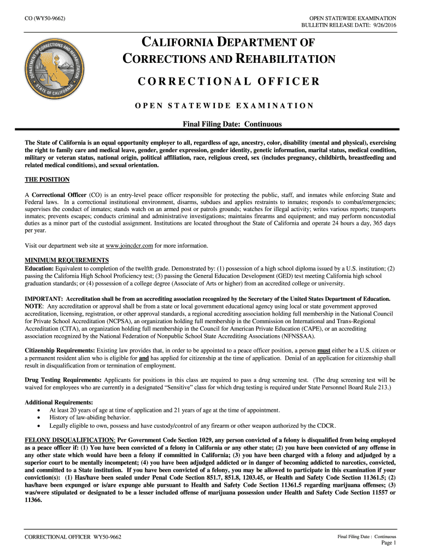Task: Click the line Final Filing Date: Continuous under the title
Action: pos(232,124)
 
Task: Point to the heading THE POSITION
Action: pos(47,179)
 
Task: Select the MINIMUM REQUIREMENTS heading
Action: pos(67,260)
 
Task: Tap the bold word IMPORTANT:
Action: pos(44,299)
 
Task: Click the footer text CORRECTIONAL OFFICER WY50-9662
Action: pos(73,536)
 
